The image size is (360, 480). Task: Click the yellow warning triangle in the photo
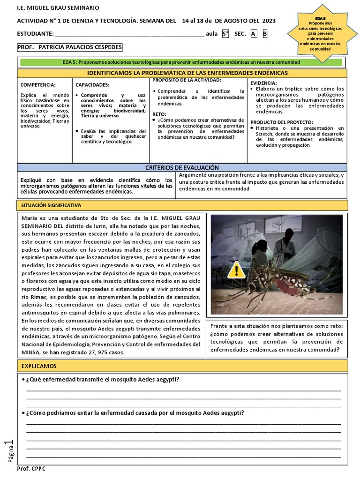pyautogui.click(x=237, y=270)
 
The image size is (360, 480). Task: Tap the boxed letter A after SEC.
pyautogui.click(x=254, y=34)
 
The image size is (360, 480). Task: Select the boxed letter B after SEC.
pyautogui.click(x=265, y=34)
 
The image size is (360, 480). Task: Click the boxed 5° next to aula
pyautogui.click(x=225, y=34)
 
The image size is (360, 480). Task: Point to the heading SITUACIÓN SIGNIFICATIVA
pyautogui.click(x=52, y=205)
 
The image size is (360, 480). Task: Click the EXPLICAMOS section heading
pyautogui.click(x=39, y=366)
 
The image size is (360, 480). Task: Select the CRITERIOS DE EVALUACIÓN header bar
pyautogui.click(x=182, y=167)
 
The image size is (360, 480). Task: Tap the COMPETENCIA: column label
pyautogui.click(x=38, y=85)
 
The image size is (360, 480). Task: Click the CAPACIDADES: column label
pyautogui.click(x=92, y=85)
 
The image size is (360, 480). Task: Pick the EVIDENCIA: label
pyautogui.click(x=263, y=82)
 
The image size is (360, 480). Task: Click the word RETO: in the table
pyautogui.click(x=159, y=114)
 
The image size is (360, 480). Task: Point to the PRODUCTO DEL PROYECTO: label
pyautogui.click(x=281, y=122)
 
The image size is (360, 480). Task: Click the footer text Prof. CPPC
pyautogui.click(x=31, y=469)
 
